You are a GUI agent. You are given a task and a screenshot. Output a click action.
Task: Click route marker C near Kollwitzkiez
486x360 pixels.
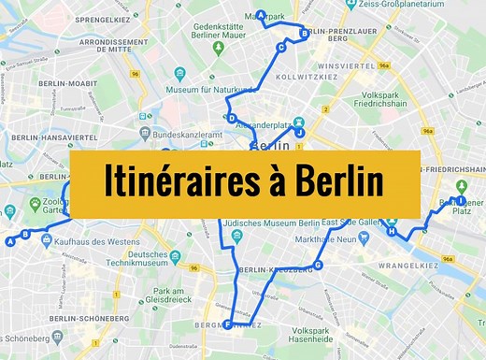280,47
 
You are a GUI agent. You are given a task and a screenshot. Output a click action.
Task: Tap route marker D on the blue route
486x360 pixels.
231,118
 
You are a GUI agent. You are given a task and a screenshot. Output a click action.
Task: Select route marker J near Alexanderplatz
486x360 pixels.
300,133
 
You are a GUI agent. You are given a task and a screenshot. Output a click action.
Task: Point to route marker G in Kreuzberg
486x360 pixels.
319,265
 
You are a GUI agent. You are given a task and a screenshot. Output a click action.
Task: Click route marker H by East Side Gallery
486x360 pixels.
392,231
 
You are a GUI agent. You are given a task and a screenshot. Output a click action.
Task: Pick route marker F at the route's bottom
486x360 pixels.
227,324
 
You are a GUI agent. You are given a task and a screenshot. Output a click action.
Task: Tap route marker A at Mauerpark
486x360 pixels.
262,14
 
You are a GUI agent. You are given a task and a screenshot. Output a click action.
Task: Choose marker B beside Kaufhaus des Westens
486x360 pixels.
25,234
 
